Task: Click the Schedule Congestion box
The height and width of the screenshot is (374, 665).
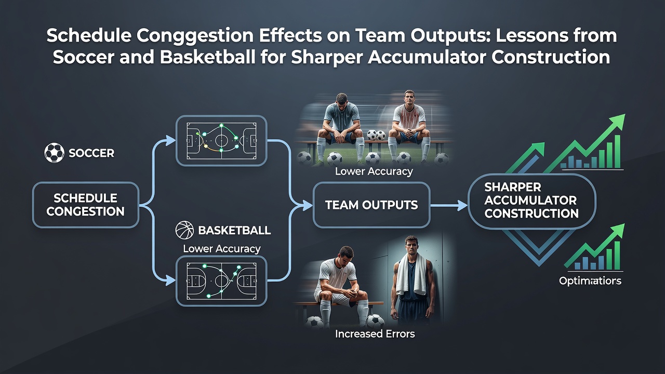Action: click(x=86, y=205)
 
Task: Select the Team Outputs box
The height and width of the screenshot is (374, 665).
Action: click(x=371, y=205)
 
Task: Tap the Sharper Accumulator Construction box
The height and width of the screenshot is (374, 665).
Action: click(x=531, y=201)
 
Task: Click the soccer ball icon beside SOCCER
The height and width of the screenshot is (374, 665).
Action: click(x=54, y=153)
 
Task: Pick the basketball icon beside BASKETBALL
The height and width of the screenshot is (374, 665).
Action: click(x=184, y=230)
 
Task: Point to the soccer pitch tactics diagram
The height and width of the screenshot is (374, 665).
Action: click(x=221, y=140)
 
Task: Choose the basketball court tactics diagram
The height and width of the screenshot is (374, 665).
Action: click(x=221, y=281)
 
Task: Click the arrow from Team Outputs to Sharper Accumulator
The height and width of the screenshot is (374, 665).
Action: click(x=449, y=205)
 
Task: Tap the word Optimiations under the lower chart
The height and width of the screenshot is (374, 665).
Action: click(x=590, y=281)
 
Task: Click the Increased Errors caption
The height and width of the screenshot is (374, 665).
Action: click(x=375, y=334)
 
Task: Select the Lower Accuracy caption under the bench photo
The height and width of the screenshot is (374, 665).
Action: click(x=374, y=171)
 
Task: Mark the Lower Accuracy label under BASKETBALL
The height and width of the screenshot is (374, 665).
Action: click(x=222, y=249)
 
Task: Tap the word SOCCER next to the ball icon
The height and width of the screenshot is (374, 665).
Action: click(x=91, y=153)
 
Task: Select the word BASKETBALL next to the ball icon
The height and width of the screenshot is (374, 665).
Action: click(x=234, y=230)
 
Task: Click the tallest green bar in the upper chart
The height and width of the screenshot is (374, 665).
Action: click(x=617, y=151)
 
